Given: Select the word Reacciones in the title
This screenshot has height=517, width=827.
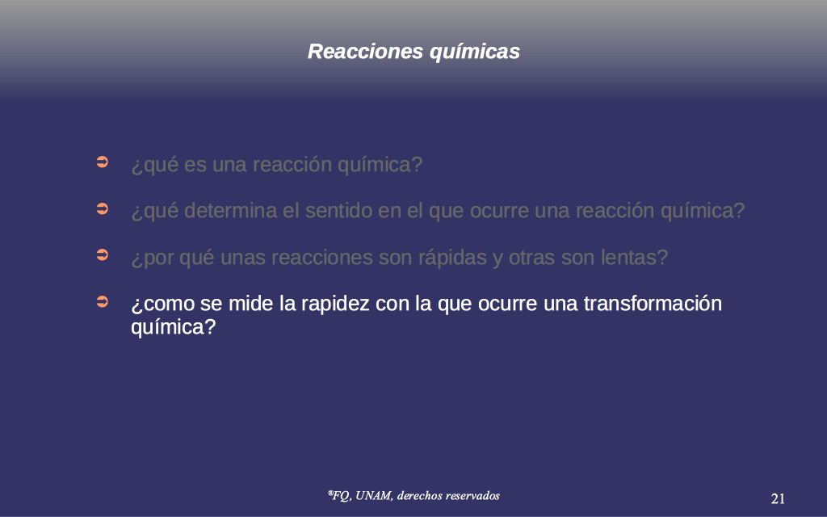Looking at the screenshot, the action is click(366, 51).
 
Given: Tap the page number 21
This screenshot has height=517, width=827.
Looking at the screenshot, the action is click(778, 498).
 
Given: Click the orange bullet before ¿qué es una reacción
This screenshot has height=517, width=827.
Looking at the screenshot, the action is click(103, 162).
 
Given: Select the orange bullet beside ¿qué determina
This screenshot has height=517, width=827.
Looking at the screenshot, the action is click(103, 208).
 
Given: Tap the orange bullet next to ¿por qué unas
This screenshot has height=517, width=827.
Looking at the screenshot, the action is click(103, 254).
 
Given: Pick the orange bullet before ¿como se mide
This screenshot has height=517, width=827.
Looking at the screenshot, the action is click(103, 301).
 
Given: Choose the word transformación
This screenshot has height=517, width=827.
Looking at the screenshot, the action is click(653, 304).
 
